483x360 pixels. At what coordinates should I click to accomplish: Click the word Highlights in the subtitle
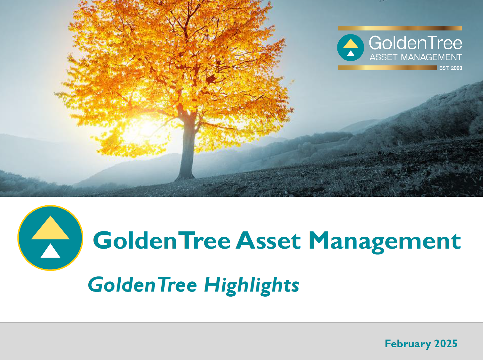[x=252, y=285]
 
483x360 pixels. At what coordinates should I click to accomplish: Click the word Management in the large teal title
[x=385, y=242]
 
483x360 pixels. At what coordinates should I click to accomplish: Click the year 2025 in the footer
[x=446, y=343]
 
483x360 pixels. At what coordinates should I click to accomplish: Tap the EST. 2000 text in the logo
[x=451, y=68]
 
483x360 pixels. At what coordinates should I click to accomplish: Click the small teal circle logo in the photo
[x=350, y=47]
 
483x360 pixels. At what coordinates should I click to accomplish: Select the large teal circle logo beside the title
[x=50, y=238]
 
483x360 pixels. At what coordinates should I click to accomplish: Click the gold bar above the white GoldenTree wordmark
[x=400, y=28]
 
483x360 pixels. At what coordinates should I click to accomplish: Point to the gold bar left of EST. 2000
[x=388, y=68]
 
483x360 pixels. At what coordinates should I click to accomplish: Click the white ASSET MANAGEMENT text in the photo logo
[x=416, y=57]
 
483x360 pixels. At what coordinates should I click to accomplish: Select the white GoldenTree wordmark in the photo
[x=415, y=43]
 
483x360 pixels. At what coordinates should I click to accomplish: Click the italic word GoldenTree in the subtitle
[x=142, y=284]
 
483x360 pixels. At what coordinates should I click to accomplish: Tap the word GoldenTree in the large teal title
[x=162, y=240]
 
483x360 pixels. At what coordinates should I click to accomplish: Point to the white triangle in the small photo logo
[x=350, y=53]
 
